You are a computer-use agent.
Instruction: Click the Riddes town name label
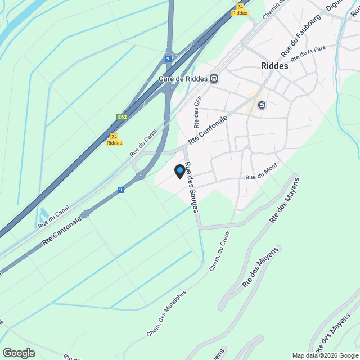point(274,66)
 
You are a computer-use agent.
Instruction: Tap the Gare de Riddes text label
point(183,79)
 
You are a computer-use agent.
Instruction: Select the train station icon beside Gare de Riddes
point(214,79)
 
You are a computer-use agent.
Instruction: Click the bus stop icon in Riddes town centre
point(262,105)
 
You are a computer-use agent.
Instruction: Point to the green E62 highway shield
point(121,117)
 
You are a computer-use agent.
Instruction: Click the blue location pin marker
point(180,171)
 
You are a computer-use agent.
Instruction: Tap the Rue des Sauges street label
point(192,187)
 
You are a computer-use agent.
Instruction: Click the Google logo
point(18,353)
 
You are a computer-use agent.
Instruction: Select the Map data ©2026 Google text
point(325,355)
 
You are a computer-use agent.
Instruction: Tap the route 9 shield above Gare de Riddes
point(168,58)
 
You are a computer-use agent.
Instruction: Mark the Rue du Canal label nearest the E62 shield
point(143,142)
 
